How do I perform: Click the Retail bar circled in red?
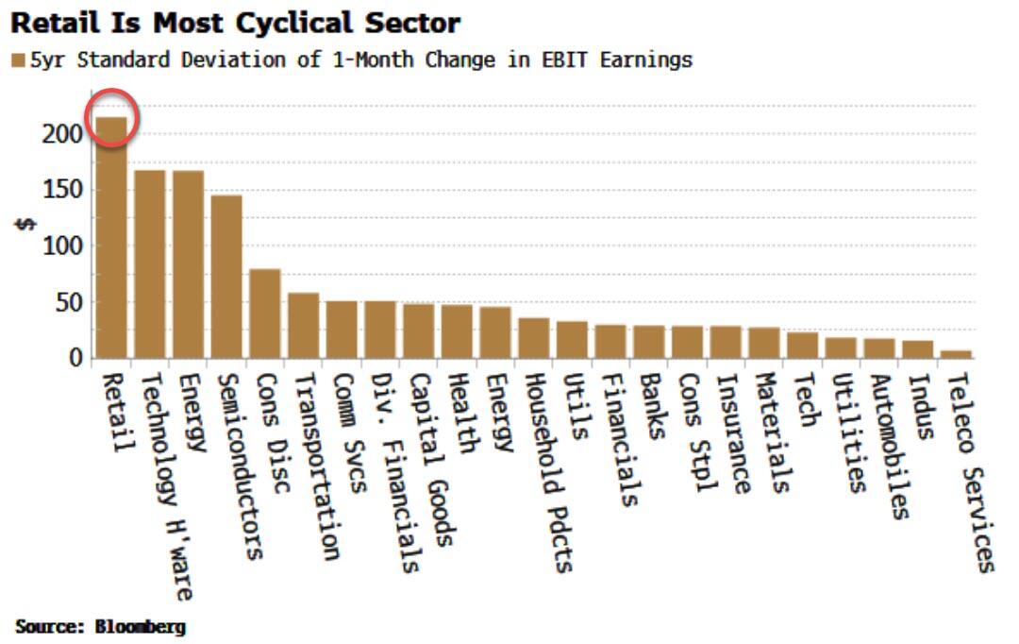(x=111, y=236)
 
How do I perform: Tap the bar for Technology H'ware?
(x=149, y=263)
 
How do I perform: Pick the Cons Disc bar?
(x=265, y=313)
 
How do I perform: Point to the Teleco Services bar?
(x=956, y=354)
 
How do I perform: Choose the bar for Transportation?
(x=303, y=325)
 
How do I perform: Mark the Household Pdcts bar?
(x=534, y=337)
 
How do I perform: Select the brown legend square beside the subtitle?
(x=18, y=61)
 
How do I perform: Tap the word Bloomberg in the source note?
(x=141, y=626)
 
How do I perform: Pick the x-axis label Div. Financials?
(x=395, y=472)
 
